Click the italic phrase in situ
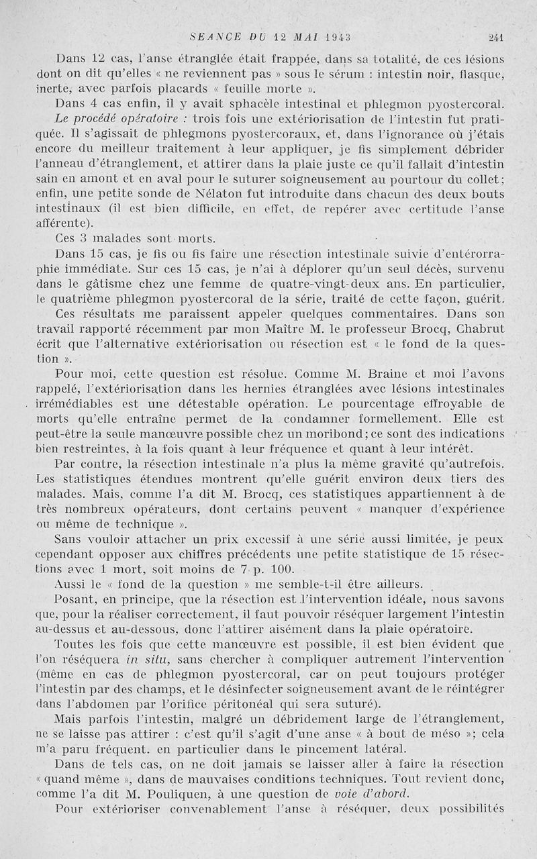click(147, 659)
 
